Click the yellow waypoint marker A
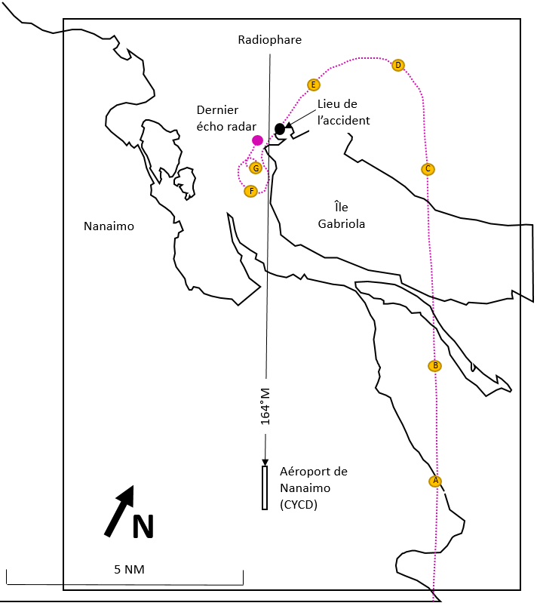(x=435, y=481)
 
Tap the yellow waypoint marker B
(x=435, y=365)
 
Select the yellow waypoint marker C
(x=428, y=169)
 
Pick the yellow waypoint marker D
(x=398, y=65)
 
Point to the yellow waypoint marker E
(x=313, y=85)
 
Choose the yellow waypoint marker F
(x=251, y=191)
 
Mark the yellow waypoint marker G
(x=256, y=168)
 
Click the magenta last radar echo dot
(x=257, y=140)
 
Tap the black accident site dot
(x=280, y=129)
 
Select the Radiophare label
(x=270, y=40)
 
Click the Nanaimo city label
(x=109, y=226)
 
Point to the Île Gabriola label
(x=342, y=215)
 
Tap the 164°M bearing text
(x=265, y=407)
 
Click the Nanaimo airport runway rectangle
(x=265, y=488)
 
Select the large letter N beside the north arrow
(x=143, y=526)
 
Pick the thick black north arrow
(x=119, y=511)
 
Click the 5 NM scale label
(x=129, y=569)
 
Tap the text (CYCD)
(x=299, y=504)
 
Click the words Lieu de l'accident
(x=343, y=112)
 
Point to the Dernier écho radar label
(x=226, y=118)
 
